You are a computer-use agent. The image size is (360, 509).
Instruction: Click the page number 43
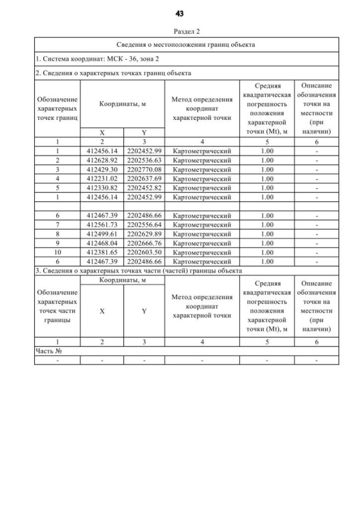tap(179, 13)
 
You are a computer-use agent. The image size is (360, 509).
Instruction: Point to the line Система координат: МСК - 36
tap(84, 58)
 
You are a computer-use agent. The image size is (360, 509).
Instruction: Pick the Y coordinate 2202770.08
tap(144, 169)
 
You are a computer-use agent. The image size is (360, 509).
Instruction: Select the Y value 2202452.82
tap(144, 187)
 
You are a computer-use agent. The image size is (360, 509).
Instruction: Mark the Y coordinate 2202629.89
tap(144, 234)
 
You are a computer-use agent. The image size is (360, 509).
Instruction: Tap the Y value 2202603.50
tap(144, 253)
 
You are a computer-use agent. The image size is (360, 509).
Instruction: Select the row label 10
tap(57, 253)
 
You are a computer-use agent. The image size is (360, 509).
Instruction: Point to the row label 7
tap(57, 225)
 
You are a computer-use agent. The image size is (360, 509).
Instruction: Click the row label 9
tap(57, 243)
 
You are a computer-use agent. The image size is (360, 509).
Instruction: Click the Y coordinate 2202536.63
tap(144, 160)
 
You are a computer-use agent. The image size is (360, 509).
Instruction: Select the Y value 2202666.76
tap(144, 243)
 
